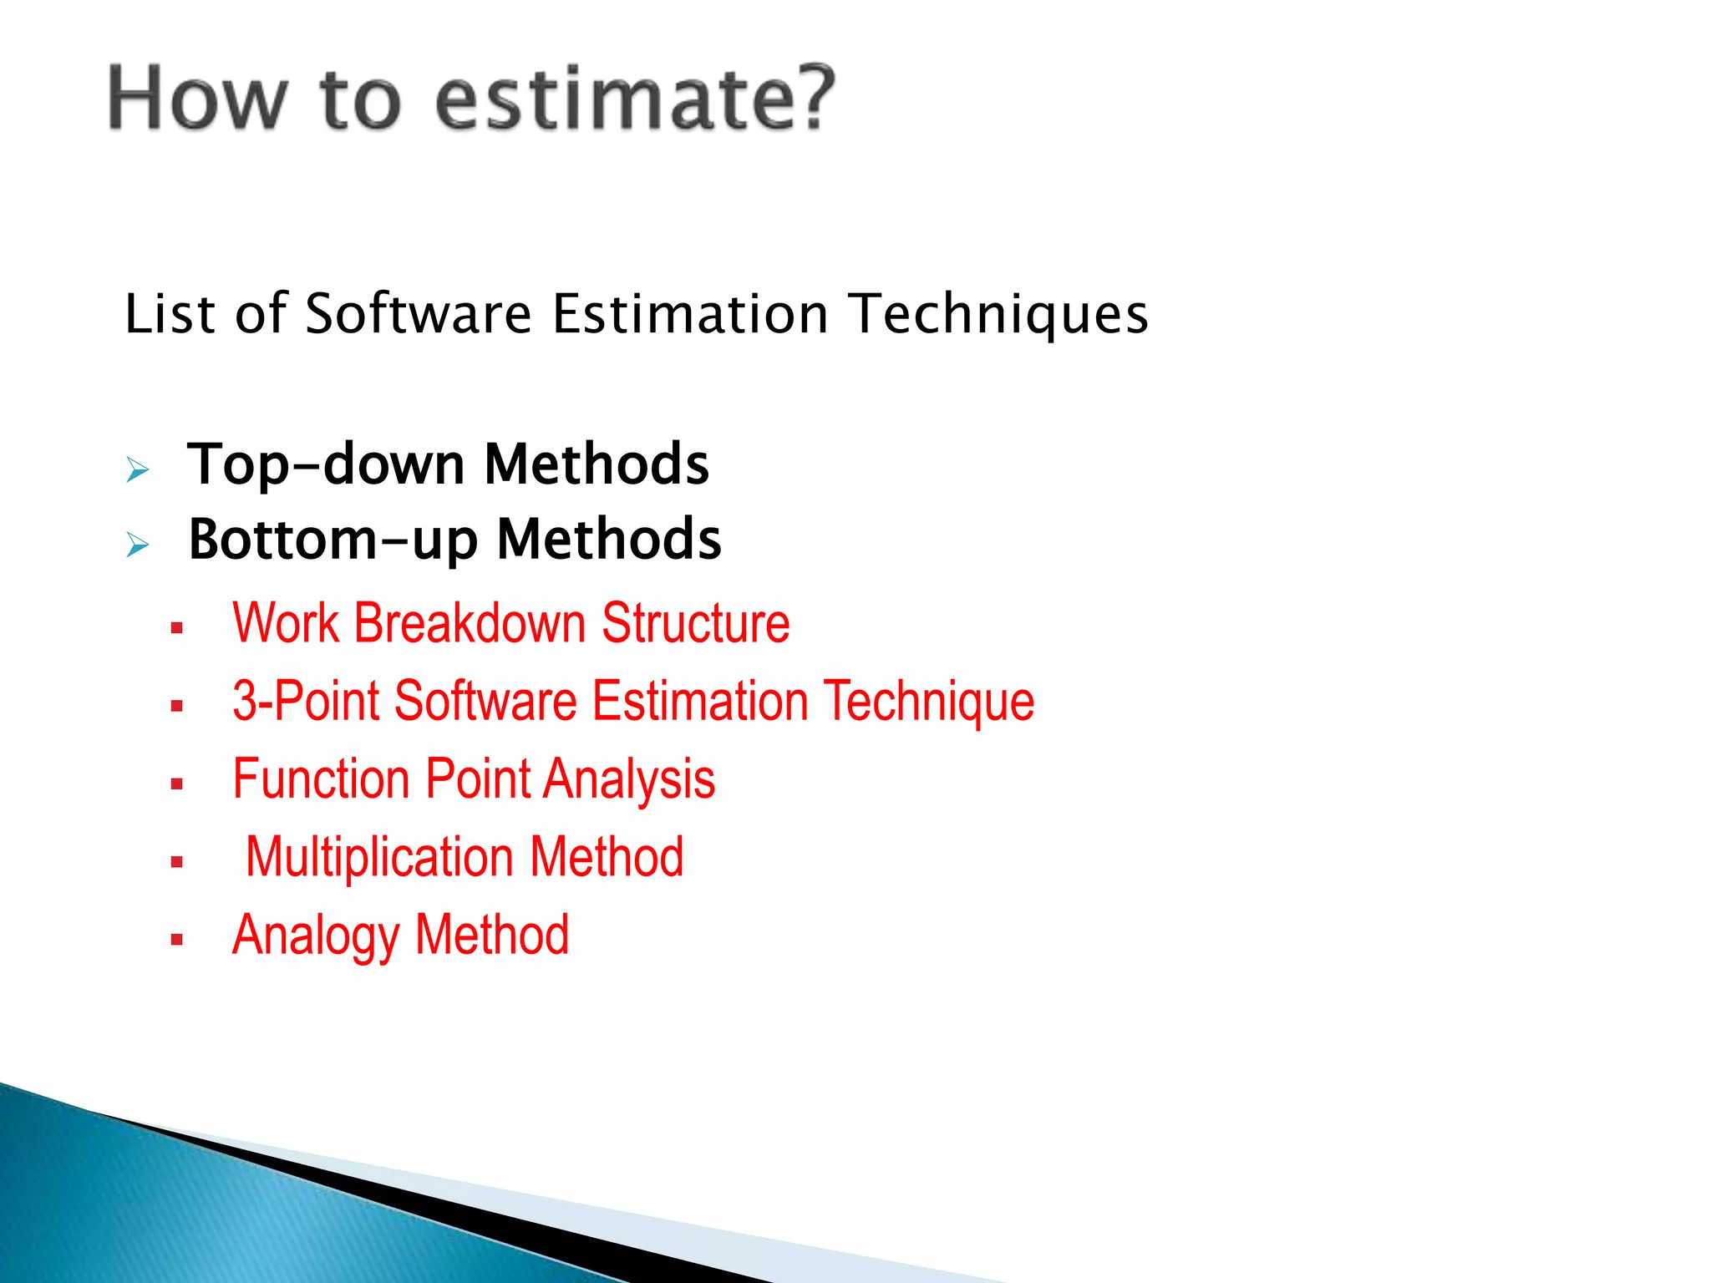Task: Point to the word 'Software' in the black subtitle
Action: click(x=418, y=314)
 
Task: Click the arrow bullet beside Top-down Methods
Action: click(x=138, y=470)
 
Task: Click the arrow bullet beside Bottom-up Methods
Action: click(x=138, y=545)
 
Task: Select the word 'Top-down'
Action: click(x=326, y=464)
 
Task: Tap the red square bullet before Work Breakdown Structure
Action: click(x=176, y=629)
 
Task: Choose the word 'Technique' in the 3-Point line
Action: click(x=929, y=702)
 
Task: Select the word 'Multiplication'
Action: click(x=380, y=858)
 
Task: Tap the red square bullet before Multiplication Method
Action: click(x=176, y=862)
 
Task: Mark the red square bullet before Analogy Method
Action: click(x=176, y=940)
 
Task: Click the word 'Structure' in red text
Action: click(x=695, y=623)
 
